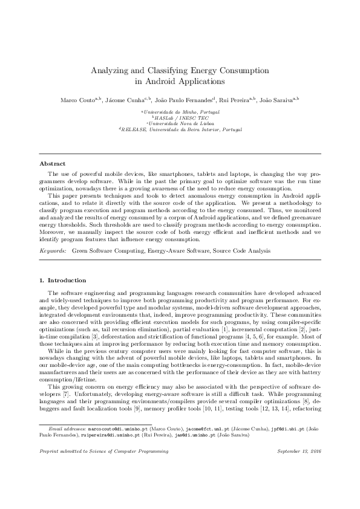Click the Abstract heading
click(x=52, y=163)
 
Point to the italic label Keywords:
click(x=53, y=249)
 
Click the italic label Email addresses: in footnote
click(x=68, y=445)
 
